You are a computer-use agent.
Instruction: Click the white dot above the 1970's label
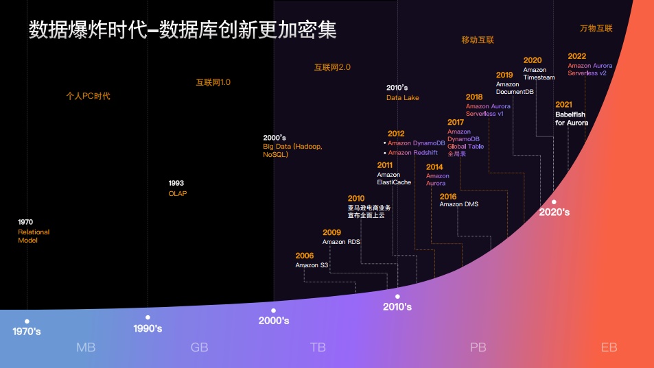[27, 321]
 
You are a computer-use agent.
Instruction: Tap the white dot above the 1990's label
[148, 317]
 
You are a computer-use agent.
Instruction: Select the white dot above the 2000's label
[273, 310]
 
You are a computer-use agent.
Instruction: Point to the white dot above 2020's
[554, 201]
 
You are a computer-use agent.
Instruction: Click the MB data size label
[86, 347]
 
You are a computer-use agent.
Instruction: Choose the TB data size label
[318, 347]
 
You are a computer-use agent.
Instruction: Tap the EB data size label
[609, 347]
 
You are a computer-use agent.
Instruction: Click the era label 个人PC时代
[88, 96]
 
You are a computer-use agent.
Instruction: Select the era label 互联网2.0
[332, 67]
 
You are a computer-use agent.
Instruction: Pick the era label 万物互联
[596, 29]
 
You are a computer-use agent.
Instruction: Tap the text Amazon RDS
[341, 242]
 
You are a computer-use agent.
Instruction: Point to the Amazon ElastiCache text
[393, 179]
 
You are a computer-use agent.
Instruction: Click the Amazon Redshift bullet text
[412, 153]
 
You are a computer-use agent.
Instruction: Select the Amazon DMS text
[459, 204]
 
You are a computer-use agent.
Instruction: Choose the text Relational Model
[34, 236]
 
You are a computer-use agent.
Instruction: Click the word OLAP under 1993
[178, 193]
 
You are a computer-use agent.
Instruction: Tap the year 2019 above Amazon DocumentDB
[504, 75]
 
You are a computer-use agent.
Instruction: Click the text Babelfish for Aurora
[572, 119]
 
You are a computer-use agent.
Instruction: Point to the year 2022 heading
[576, 56]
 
